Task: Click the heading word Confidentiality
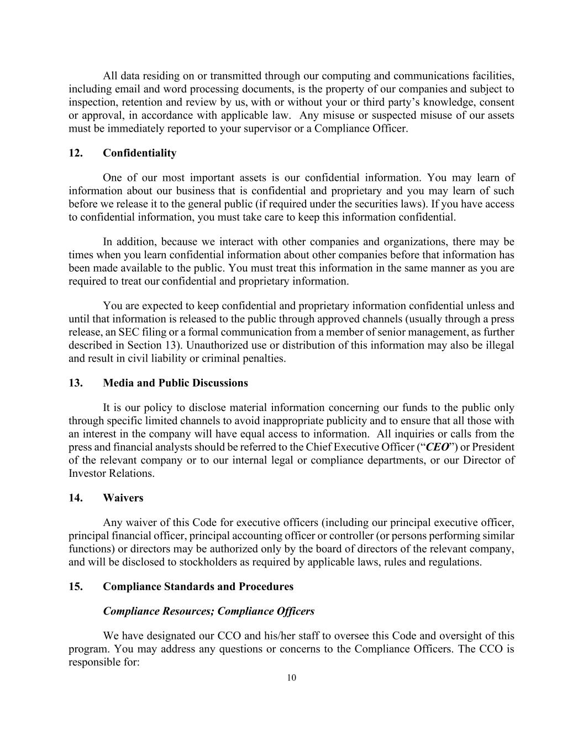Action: pos(139,153)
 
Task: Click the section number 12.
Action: pos(75,153)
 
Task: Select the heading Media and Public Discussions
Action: pos(175,383)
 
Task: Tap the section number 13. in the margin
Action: pos(75,383)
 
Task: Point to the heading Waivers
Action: pos(123,498)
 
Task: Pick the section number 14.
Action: pos(75,498)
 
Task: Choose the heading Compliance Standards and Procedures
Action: pos(198,586)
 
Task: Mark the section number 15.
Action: pos(75,586)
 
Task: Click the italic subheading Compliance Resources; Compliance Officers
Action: pos(208,611)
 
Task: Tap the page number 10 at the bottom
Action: pos(292,678)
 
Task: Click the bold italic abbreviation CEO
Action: pos(437,447)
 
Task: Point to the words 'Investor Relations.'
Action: pos(112,473)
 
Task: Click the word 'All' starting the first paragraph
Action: pos(110,76)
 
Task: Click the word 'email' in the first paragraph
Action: pos(127,89)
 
